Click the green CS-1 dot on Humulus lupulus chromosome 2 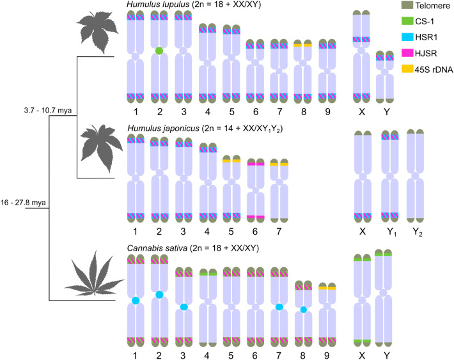(x=158, y=51)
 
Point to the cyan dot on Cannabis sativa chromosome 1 (x=136, y=300)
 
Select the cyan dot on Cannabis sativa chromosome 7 (x=279, y=307)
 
